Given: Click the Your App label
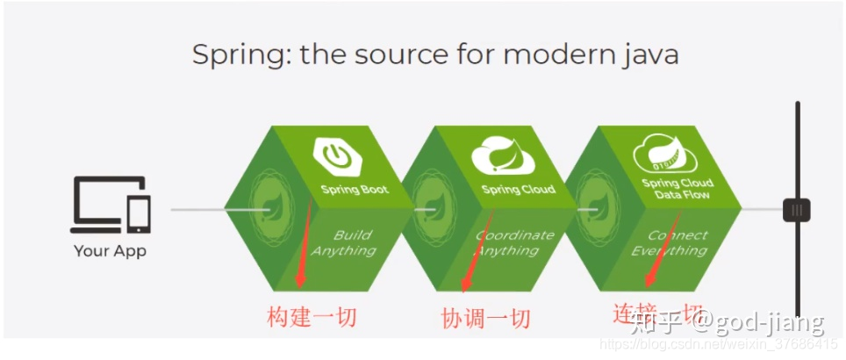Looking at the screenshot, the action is coord(110,251).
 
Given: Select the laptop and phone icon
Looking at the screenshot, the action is coord(111,205).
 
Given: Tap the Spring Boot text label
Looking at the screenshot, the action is coord(354,189).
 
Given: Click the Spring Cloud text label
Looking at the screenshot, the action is coord(518,190).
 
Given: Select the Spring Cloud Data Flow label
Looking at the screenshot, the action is coord(677,189).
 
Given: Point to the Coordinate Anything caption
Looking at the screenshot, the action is coord(513,242).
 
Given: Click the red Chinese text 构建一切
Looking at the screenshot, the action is coord(312,317).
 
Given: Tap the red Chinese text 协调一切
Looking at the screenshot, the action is coord(485,318).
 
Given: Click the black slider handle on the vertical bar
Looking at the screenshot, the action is coord(796,210).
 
